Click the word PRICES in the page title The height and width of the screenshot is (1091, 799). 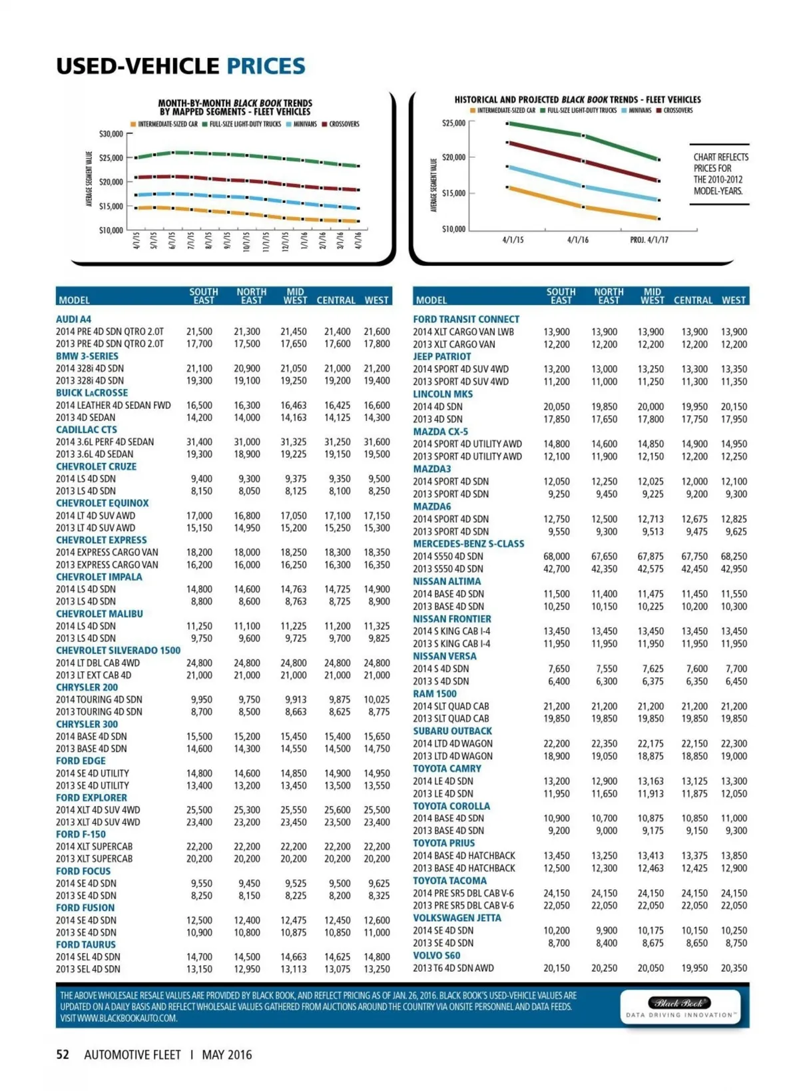266,66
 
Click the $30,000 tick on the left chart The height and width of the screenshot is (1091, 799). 111,134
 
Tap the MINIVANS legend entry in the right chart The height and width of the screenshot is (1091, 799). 639,111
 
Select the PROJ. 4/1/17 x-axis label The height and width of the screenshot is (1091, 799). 649,240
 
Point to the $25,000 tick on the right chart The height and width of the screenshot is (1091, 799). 453,123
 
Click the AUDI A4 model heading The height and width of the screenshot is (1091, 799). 73,319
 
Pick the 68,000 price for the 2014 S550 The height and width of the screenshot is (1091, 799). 556,556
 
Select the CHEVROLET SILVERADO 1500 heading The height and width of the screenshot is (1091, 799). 118,650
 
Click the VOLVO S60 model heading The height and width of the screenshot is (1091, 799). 436,955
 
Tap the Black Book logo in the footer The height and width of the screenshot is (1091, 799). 679,1004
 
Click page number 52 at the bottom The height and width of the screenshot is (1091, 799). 63,1054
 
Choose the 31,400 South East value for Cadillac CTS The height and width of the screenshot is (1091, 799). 199,442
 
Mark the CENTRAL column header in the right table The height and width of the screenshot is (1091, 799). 692,300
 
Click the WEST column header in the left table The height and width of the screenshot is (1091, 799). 376,300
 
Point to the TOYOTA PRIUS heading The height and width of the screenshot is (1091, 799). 443,843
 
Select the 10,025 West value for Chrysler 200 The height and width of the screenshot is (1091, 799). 376,699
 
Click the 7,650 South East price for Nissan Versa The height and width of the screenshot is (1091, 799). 559,669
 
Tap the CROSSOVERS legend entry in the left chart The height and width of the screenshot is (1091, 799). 344,124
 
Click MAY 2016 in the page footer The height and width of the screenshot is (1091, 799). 227,1054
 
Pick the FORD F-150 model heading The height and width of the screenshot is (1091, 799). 81,834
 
